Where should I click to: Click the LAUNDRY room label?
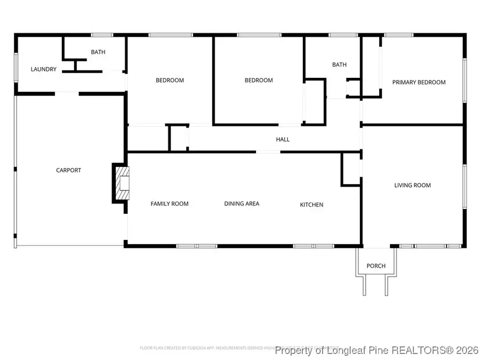click(43, 69)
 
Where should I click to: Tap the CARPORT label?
click(69, 170)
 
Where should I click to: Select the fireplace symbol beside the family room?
click(121, 183)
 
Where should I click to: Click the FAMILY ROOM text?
click(169, 204)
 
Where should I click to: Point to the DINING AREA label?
click(242, 204)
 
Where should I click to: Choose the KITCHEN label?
click(311, 205)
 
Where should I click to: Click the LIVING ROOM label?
click(412, 186)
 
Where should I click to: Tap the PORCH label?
click(375, 266)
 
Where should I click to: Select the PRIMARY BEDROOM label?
click(419, 82)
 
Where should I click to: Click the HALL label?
click(283, 139)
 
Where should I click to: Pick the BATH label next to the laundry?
click(98, 52)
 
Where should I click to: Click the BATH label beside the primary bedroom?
click(339, 65)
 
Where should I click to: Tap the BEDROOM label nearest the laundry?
click(170, 81)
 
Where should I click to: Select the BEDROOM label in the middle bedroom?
click(259, 81)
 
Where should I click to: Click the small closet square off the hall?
click(179, 139)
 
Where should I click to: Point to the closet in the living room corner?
click(351, 169)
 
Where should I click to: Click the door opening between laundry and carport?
click(67, 94)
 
